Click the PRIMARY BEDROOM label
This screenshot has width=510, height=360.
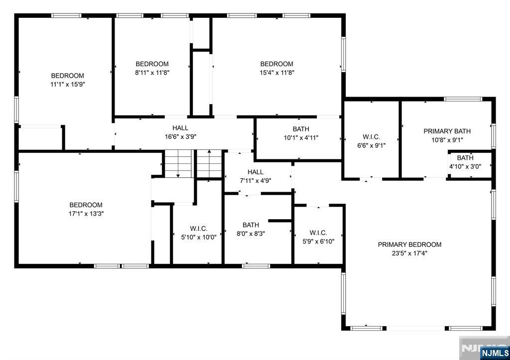(x=409, y=244)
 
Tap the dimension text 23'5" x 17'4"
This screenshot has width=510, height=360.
(x=409, y=253)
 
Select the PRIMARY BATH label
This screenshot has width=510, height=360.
(x=447, y=131)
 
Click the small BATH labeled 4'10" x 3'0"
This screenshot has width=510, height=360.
(x=465, y=162)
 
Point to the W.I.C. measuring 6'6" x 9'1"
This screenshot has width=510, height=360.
(x=372, y=141)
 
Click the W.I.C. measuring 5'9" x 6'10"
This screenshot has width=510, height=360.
(x=318, y=237)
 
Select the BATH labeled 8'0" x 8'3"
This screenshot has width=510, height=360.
(x=251, y=229)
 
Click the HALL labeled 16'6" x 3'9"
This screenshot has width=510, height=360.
(x=180, y=132)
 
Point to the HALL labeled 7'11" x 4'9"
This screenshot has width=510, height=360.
(x=255, y=176)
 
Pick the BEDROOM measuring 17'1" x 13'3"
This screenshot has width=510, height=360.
(x=86, y=209)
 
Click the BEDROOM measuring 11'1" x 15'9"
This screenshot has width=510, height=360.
(x=68, y=80)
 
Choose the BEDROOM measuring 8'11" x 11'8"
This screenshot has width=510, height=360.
(x=152, y=68)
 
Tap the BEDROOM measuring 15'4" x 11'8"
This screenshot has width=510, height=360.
(x=276, y=68)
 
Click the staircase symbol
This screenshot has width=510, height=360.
(x=193, y=163)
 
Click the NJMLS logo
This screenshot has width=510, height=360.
(x=494, y=353)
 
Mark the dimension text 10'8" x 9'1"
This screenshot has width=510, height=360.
(x=447, y=140)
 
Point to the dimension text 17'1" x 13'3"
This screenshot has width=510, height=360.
(x=86, y=214)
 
